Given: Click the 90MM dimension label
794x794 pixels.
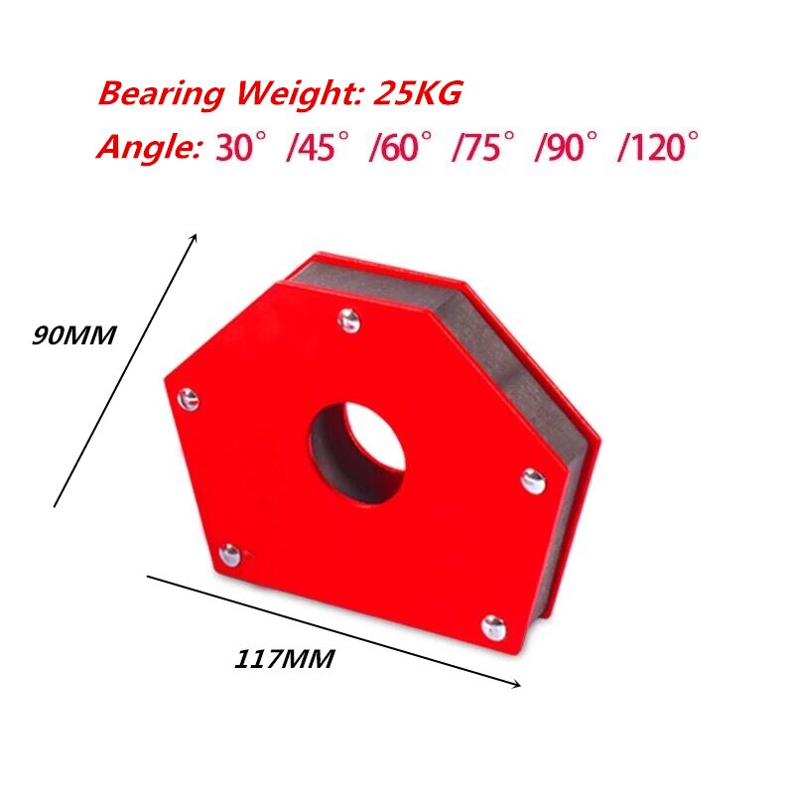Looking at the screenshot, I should (74, 335).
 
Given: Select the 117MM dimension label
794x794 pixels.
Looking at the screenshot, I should (285, 657).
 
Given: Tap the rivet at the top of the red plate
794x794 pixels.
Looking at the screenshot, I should (347, 320).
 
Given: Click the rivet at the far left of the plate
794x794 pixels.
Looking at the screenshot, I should (188, 400).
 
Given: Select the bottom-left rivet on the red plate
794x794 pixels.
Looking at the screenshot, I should (230, 554).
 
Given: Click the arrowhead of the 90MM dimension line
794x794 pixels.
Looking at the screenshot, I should (196, 238).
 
